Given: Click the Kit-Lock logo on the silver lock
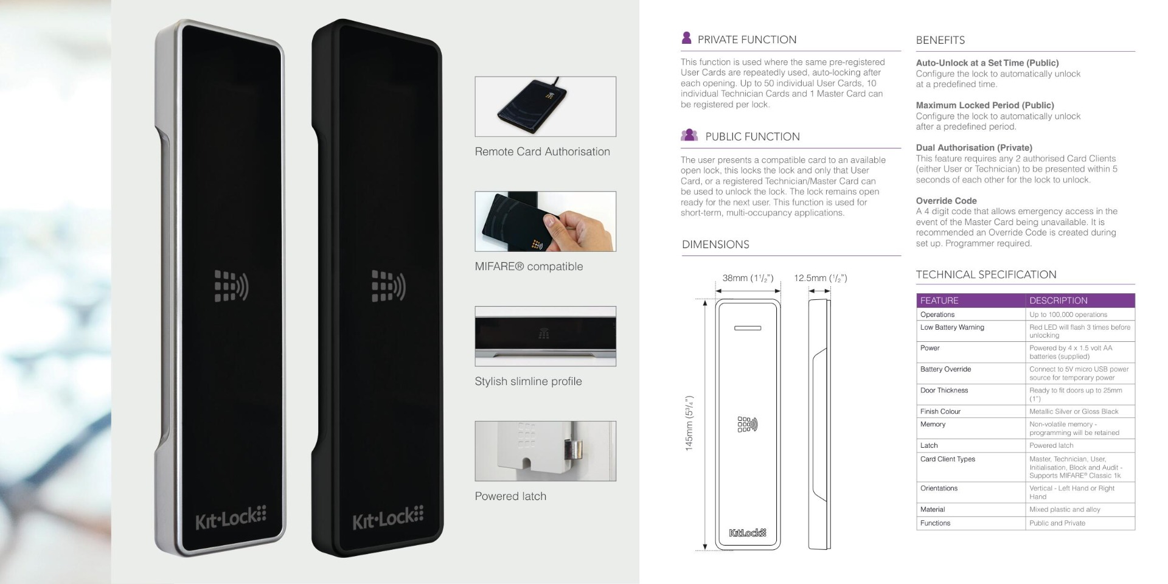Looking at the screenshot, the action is (x=231, y=518).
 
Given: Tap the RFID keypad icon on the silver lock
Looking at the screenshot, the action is (x=231, y=286).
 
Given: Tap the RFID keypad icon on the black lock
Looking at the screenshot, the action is (x=389, y=286).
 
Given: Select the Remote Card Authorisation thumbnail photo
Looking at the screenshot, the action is (x=545, y=106).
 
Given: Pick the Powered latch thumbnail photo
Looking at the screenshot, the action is (x=545, y=451).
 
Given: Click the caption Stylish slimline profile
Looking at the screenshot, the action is (x=528, y=381).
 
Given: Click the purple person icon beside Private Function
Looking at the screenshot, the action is (x=686, y=38).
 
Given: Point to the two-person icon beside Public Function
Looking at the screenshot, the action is (x=689, y=135).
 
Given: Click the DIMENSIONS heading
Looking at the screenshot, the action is (x=715, y=245).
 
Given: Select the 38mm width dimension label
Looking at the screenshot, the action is (x=748, y=278).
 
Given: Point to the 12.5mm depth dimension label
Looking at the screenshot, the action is (x=820, y=278).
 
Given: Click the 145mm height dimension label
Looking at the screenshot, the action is (x=690, y=423).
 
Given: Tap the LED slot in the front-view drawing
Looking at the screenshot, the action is (x=748, y=328).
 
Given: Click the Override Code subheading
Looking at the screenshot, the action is (x=946, y=201).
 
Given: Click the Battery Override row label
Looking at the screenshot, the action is (x=945, y=369).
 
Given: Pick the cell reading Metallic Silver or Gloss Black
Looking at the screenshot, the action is (x=1074, y=412).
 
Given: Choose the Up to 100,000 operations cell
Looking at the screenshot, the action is (x=1068, y=315).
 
